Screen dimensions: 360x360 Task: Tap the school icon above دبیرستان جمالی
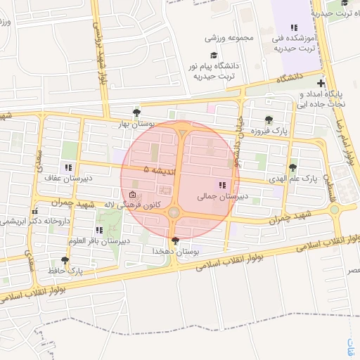(x=222, y=185)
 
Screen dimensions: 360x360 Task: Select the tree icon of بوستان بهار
(x=136, y=112)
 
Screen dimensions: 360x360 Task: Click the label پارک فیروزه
(x=271, y=131)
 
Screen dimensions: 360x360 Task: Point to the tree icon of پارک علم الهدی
(x=292, y=167)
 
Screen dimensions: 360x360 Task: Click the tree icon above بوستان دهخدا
(x=175, y=240)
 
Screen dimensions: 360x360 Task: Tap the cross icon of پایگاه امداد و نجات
(x=321, y=84)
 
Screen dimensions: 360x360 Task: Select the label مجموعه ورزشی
(x=229, y=38)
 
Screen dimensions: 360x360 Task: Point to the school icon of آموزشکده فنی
(x=294, y=27)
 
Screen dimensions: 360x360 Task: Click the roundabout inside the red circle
(x=174, y=211)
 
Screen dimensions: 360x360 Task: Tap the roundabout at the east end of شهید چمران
(x=334, y=209)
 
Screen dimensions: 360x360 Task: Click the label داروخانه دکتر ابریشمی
(x=35, y=221)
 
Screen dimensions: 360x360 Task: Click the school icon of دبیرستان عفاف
(x=67, y=167)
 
